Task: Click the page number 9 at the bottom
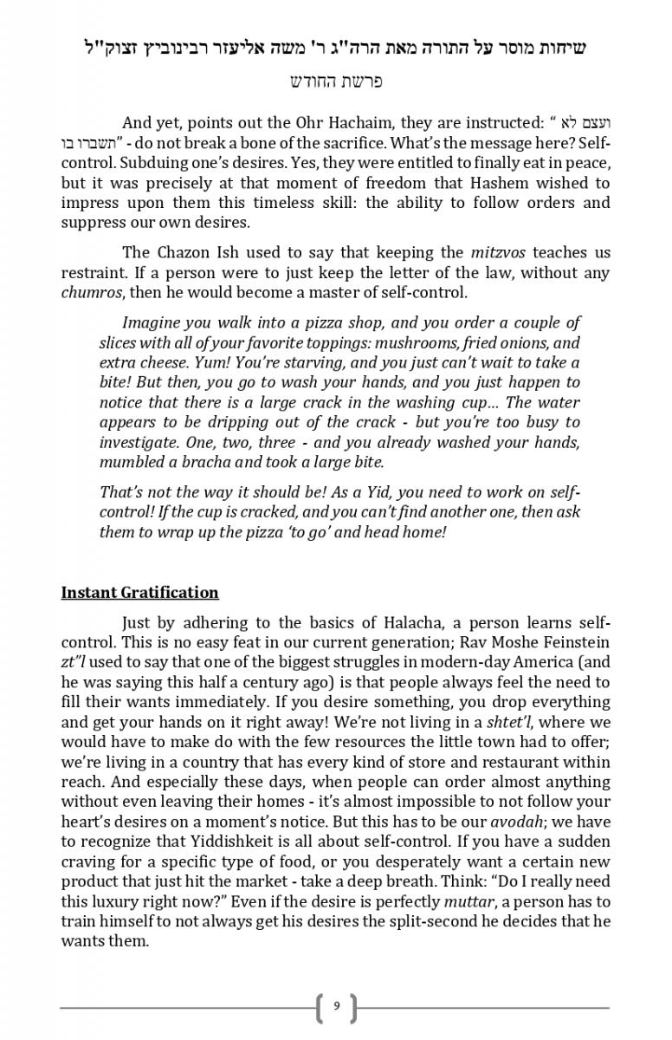[x=336, y=1006]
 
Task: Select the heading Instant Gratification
[x=139, y=593]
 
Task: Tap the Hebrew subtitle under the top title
[x=335, y=81]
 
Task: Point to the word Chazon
[x=186, y=253]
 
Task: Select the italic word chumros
[x=90, y=292]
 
